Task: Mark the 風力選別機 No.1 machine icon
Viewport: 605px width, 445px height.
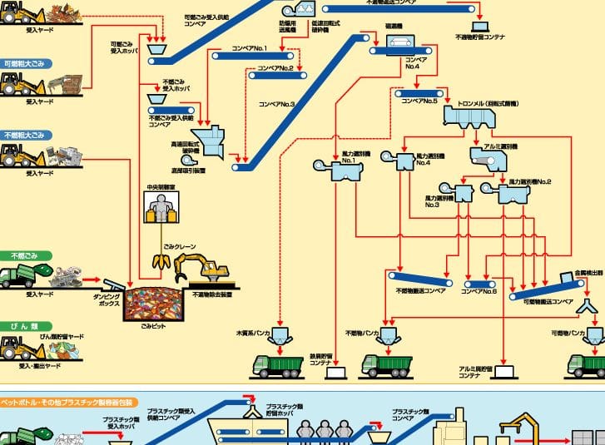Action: (343, 173)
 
